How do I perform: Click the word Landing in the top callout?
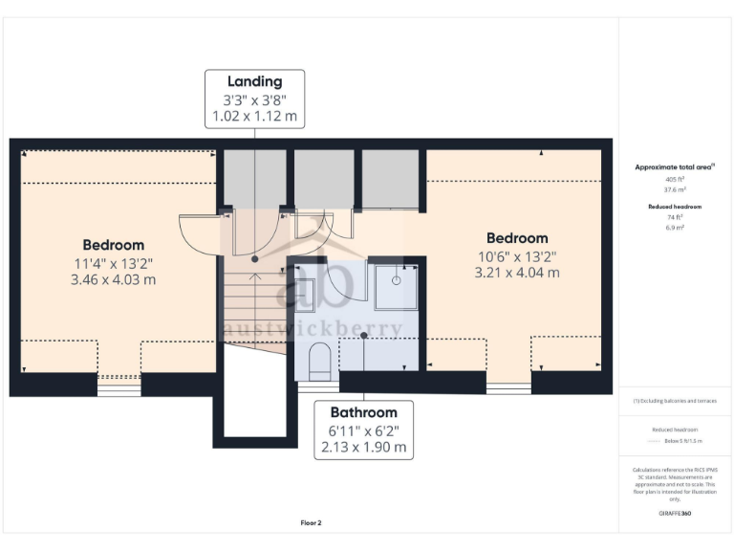pyautogui.click(x=255, y=81)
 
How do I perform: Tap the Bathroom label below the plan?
pyautogui.click(x=364, y=412)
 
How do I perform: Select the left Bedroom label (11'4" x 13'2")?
pyautogui.click(x=113, y=245)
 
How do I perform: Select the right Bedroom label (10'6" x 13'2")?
pyautogui.click(x=517, y=238)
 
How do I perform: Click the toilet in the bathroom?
pyautogui.click(x=320, y=361)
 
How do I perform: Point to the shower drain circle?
pyautogui.click(x=395, y=280)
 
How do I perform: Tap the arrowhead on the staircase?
pyautogui.click(x=254, y=276)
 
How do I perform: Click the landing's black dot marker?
pyautogui.click(x=255, y=259)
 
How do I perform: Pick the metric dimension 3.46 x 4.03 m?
pyautogui.click(x=113, y=280)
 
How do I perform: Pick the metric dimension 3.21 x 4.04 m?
pyautogui.click(x=517, y=273)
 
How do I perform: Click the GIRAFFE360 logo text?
pyautogui.click(x=675, y=514)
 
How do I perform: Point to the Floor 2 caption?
pyautogui.click(x=311, y=523)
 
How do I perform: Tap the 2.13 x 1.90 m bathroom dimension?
pyautogui.click(x=364, y=447)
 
